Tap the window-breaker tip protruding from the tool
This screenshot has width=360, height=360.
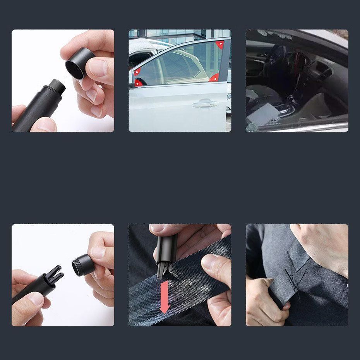point(58,84)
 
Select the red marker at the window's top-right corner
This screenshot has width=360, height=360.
point(219,45)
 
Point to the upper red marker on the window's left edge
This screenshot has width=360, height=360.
point(137,72)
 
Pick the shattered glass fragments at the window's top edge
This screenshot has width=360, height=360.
point(279,35)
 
